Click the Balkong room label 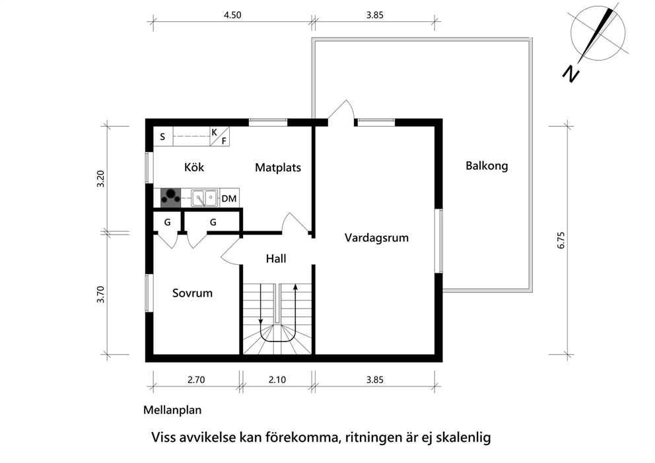(487, 166)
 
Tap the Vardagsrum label (376, 238)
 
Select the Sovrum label (192, 293)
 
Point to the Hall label (276, 259)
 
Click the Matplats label (278, 168)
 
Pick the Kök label (194, 167)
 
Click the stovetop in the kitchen (171, 197)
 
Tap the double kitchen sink (205, 197)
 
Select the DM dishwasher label (229, 199)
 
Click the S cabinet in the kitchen (163, 136)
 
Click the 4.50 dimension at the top (232, 15)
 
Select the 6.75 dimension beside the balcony (561, 240)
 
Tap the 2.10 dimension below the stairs (277, 380)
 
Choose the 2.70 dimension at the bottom (196, 380)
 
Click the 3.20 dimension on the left (100, 179)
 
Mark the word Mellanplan (172, 410)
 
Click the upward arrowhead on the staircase (295, 287)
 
